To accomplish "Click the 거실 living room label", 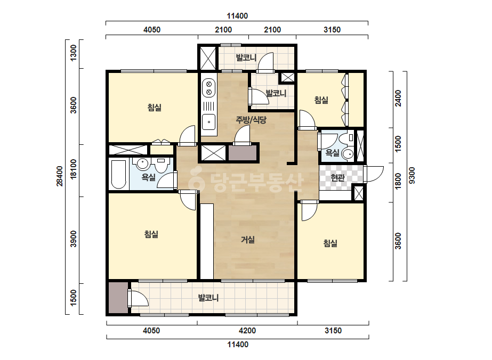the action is click(x=247, y=240).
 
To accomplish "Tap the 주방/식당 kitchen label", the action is click(x=251, y=120).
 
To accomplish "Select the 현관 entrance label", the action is click(x=337, y=178).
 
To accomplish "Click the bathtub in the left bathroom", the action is click(x=119, y=174).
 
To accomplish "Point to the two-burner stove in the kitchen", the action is click(x=208, y=88).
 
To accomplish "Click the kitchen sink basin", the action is click(x=208, y=122).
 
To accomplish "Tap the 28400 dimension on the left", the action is click(x=60, y=176).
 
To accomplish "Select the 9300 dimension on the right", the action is click(x=412, y=176).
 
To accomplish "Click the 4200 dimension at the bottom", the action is click(x=247, y=331).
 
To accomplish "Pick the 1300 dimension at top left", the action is click(x=73, y=53).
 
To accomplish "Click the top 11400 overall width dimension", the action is click(x=238, y=16).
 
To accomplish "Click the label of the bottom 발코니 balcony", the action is click(x=208, y=298).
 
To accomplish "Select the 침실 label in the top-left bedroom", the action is click(x=155, y=108).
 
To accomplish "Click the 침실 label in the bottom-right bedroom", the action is click(x=330, y=243).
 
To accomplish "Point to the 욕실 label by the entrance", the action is click(x=332, y=153).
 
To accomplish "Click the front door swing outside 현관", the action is click(x=374, y=174).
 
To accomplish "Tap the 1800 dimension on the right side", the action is click(x=398, y=181).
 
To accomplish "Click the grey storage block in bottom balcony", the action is click(x=118, y=298).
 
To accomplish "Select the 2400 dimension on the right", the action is click(x=398, y=98).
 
